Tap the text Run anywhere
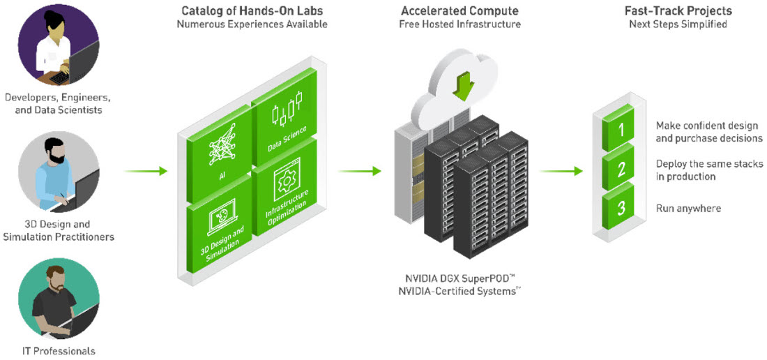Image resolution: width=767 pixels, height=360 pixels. click(688, 209)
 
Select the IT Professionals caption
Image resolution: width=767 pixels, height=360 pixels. click(59, 350)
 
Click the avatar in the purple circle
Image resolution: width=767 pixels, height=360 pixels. click(59, 42)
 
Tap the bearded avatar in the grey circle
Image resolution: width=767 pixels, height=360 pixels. click(59, 172)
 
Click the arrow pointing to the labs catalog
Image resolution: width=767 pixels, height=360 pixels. click(146, 171)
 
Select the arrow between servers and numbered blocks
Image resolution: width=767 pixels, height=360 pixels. click(561, 171)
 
